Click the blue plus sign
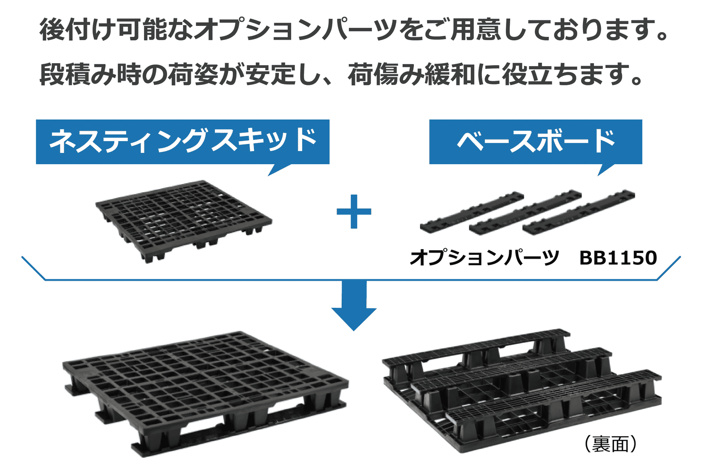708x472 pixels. coord(354,211)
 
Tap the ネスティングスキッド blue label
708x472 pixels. coord(183,141)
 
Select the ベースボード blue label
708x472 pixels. coord(535,141)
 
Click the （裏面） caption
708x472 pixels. coord(611,444)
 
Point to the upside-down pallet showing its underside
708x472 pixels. coord(522,389)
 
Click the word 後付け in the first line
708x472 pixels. coord(77,30)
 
